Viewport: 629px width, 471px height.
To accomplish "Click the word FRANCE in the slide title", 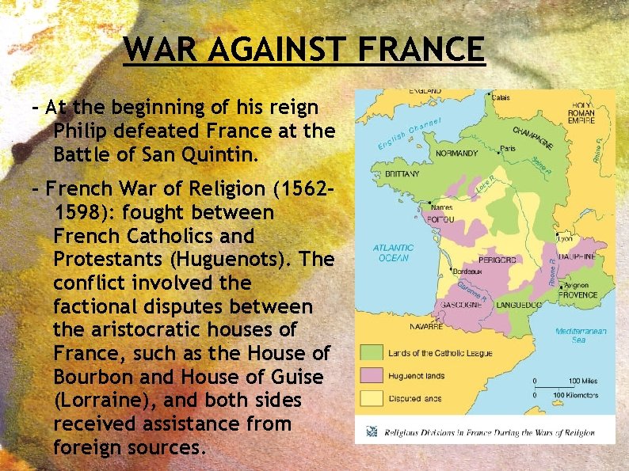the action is click(x=420, y=49).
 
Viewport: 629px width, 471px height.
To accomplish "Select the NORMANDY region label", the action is click(x=457, y=153).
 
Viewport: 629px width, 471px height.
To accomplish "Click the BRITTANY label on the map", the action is click(x=402, y=174).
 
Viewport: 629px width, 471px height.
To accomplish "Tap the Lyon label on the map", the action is click(x=565, y=237).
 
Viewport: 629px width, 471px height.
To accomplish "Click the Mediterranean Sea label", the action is click(x=581, y=336).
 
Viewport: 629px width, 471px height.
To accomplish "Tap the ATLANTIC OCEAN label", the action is click(x=393, y=252).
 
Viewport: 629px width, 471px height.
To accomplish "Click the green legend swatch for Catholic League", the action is click(x=372, y=352).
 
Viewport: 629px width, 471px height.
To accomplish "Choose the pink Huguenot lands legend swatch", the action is click(x=372, y=375).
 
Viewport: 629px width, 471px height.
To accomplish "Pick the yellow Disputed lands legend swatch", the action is click(x=372, y=398).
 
